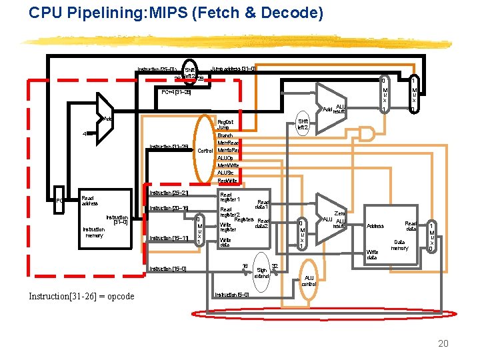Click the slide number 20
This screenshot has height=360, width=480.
443,343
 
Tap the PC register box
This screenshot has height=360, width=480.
59,200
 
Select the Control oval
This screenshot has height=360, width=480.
205,151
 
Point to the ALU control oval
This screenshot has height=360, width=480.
309,281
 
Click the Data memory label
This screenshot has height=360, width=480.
400,245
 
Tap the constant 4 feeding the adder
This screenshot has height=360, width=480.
85,133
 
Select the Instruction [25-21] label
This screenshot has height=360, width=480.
169,193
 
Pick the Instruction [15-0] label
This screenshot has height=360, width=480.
168,269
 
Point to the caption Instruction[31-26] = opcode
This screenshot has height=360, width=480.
81,296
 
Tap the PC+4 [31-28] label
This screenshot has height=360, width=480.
176,92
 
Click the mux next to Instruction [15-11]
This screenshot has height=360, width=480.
199,231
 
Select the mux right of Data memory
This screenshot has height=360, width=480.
432,237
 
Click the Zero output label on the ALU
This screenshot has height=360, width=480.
339,213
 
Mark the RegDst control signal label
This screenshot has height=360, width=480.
225,122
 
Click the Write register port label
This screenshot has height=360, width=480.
227,227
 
